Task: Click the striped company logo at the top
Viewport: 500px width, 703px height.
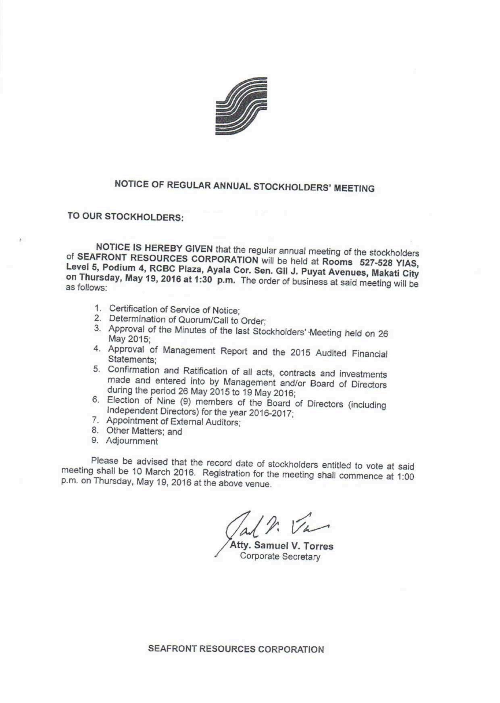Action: coord(242,105)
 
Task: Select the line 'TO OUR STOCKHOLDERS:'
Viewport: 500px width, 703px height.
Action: coord(125,217)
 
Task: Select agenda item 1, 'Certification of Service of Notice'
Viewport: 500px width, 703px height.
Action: coord(174,310)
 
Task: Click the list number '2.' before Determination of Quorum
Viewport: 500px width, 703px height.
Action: coord(97,318)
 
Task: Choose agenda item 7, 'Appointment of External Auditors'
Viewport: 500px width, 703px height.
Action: coord(173,422)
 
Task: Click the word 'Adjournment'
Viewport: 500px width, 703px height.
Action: coord(132,441)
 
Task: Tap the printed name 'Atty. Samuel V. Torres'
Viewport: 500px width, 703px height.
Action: coord(282,546)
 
